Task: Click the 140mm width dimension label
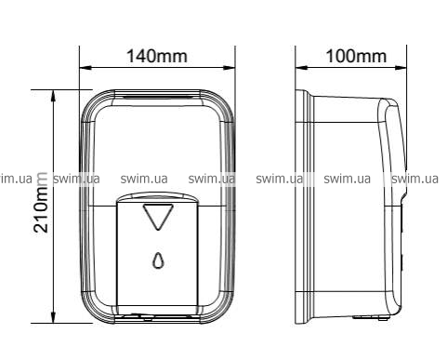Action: pyautogui.click(x=157, y=57)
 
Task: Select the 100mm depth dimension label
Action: pyautogui.click(x=357, y=57)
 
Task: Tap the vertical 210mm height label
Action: pyautogui.click(x=41, y=203)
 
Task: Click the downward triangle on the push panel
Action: pyautogui.click(x=158, y=217)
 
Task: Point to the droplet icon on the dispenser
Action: pyautogui.click(x=158, y=260)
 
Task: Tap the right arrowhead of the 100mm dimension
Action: pyautogui.click(x=401, y=67)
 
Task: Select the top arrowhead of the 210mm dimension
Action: pyautogui.click(x=54, y=96)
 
